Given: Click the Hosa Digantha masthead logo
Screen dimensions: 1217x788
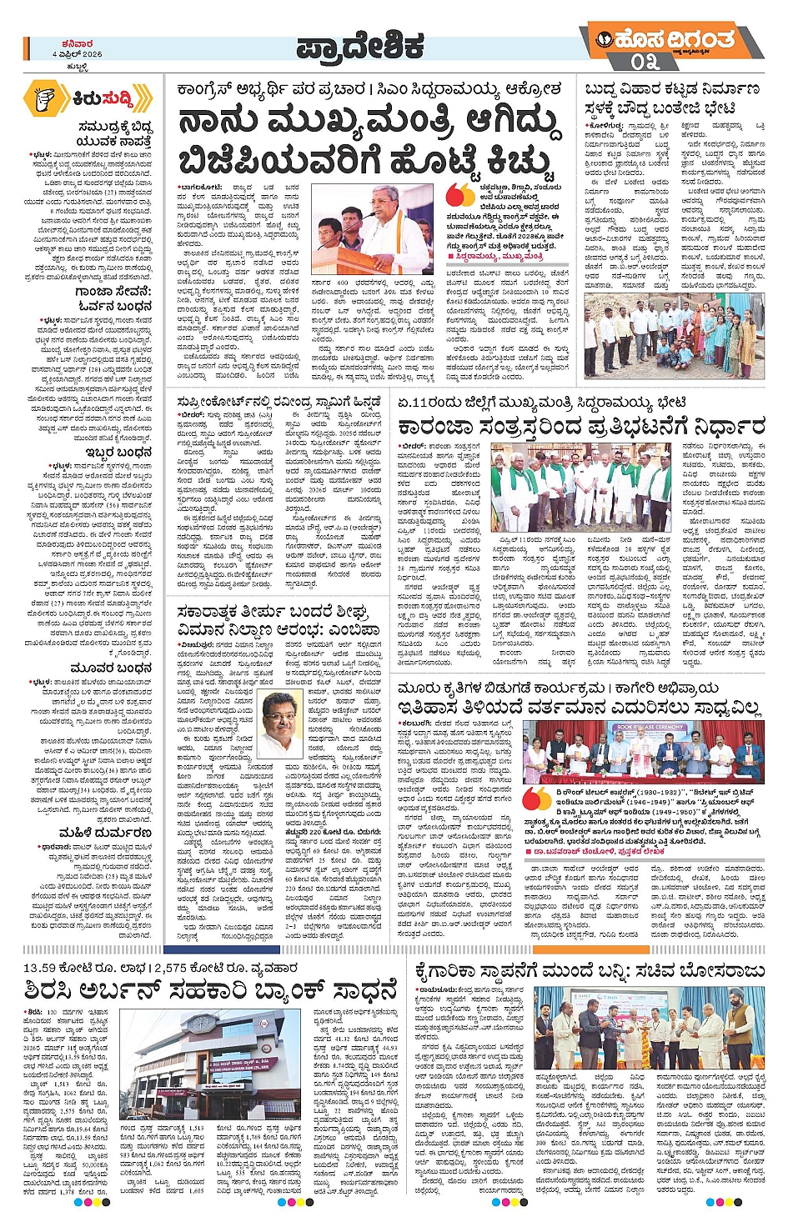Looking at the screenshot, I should pos(667,38).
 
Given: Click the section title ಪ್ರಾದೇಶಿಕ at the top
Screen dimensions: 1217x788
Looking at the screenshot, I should pos(361,48).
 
